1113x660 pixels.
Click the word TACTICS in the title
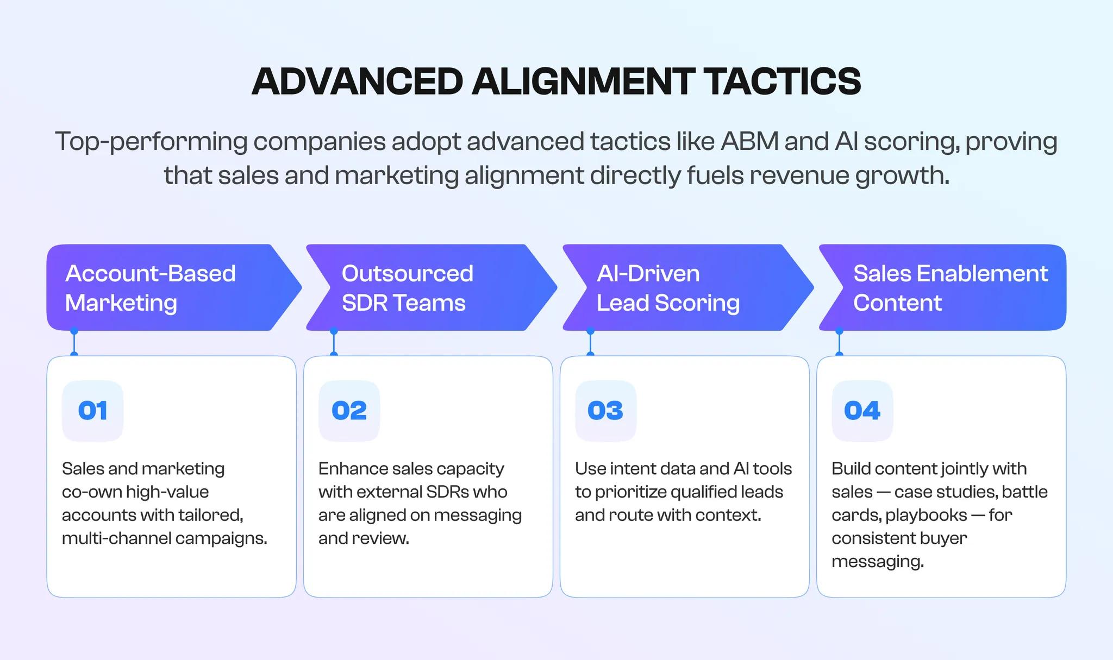(x=783, y=81)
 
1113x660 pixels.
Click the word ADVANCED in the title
(x=357, y=81)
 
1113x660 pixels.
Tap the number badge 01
(x=93, y=411)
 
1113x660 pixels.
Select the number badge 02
(x=349, y=411)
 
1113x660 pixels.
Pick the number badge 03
(x=605, y=411)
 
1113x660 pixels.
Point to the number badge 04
(x=862, y=411)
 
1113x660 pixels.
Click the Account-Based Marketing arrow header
(x=163, y=288)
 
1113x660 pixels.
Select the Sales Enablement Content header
(x=946, y=288)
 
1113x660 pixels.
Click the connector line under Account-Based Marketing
(x=74, y=343)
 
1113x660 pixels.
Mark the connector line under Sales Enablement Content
(x=839, y=343)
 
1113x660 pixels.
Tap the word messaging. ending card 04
(x=877, y=562)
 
